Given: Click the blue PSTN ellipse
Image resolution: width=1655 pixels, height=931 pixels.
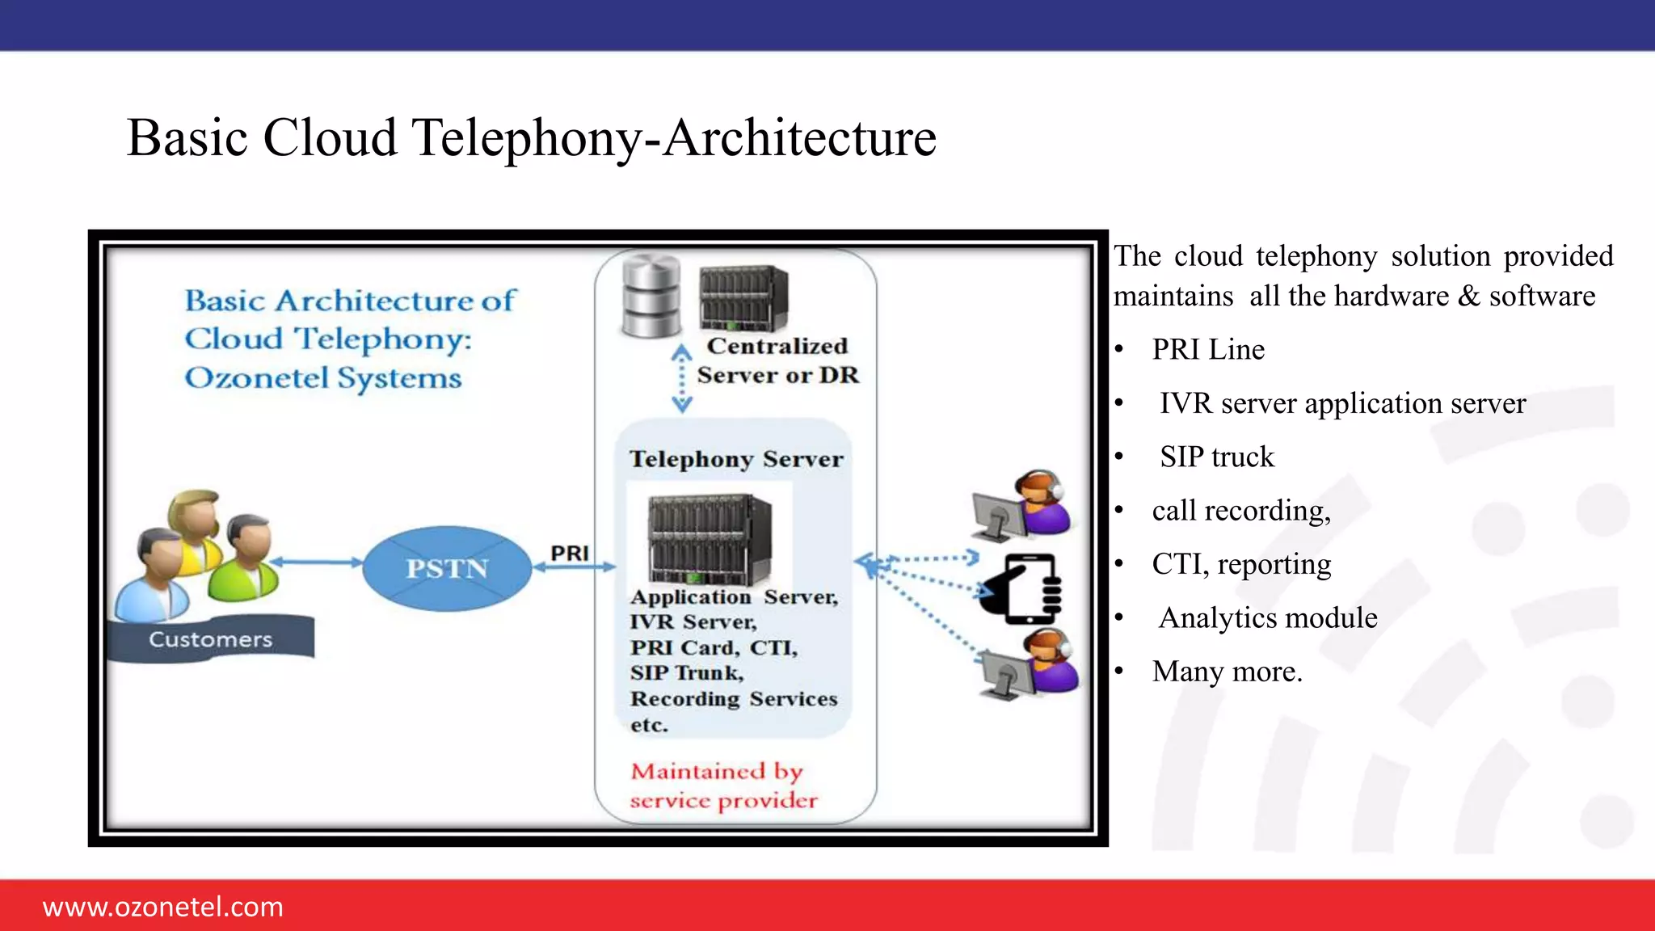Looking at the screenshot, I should tap(447, 568).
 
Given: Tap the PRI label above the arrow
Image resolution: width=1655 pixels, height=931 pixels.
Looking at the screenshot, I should tap(570, 553).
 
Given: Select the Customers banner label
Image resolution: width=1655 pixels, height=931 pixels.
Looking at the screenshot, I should tap(211, 639).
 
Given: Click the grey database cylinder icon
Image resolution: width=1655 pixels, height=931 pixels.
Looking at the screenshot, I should tap(651, 297).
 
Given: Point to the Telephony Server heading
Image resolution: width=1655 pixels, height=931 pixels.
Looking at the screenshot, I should tap(736, 459).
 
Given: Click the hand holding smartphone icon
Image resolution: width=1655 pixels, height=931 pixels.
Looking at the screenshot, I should tap(1021, 589).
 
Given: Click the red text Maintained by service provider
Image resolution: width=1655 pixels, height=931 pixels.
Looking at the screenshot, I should tap(723, 786).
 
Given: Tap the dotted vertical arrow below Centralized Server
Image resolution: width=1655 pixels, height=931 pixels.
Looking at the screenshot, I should tap(682, 379).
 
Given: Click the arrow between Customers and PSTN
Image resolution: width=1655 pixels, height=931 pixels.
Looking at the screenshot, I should tap(316, 562).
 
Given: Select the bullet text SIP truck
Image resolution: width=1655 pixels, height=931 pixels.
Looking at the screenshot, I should tap(1217, 457).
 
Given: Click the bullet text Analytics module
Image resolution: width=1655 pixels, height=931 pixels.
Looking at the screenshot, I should tap(1267, 618).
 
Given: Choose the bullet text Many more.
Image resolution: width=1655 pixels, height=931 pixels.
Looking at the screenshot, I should tap(1227, 672).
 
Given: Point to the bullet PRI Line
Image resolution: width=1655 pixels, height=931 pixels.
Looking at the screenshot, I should tap(1207, 350).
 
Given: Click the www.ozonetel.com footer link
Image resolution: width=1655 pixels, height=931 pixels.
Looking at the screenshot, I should tap(162, 907).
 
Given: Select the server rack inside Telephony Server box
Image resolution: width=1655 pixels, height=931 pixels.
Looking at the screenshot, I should tap(710, 540).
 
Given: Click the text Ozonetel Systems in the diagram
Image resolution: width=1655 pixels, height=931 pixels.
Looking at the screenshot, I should tap(323, 378).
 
